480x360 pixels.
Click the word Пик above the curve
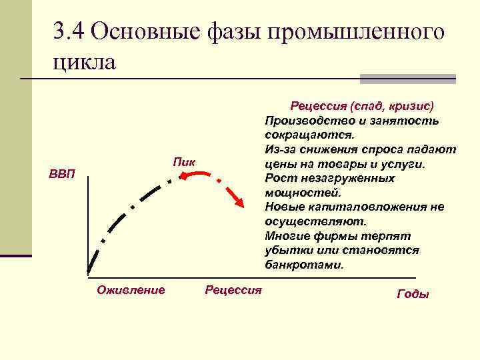183,162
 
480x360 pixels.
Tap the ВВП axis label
63,175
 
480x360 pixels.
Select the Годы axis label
413,294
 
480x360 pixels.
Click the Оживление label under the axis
131,289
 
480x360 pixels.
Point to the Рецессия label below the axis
233,289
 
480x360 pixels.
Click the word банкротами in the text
304,264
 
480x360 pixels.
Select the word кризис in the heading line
411,106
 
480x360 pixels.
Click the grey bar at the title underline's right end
408,79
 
